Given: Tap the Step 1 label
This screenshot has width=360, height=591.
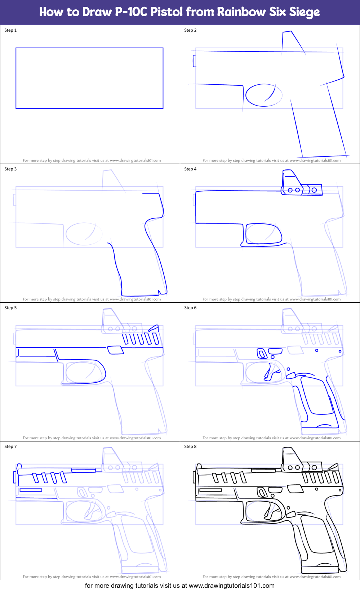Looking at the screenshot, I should pyautogui.click(x=10, y=30).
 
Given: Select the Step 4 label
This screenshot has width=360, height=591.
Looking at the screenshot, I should pyautogui.click(x=190, y=169).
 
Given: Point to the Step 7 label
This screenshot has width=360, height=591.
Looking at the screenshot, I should pyautogui.click(x=10, y=446).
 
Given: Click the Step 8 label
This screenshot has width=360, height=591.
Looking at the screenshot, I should pyautogui.click(x=190, y=446).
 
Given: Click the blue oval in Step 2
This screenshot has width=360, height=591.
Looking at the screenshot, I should pyautogui.click(x=263, y=95).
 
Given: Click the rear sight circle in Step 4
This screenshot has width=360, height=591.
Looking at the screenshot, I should pyautogui.click(x=314, y=190).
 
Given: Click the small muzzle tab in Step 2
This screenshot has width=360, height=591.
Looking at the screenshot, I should pyautogui.click(x=194, y=61).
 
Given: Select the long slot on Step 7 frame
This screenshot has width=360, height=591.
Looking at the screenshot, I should pyautogui.click(x=31, y=490).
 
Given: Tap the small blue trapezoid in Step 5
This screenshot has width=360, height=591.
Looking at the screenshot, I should pyautogui.click(x=115, y=350).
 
